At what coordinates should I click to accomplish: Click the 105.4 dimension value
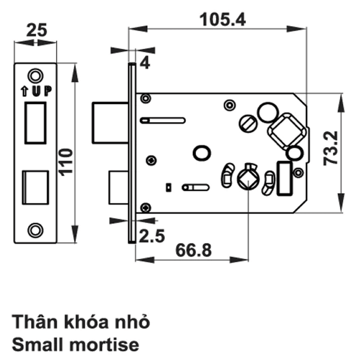pyautogui.click(x=222, y=20)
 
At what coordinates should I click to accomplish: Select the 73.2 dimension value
pyautogui.click(x=331, y=148)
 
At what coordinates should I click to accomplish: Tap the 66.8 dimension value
pyautogui.click(x=193, y=250)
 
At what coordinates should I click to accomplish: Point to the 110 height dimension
pyautogui.click(x=67, y=162)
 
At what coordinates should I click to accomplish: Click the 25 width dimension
pyautogui.click(x=37, y=30)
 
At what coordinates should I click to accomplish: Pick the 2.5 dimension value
pyautogui.click(x=152, y=236)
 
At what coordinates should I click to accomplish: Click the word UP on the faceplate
pyautogui.click(x=42, y=91)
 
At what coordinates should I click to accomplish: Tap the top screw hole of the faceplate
pyautogui.click(x=36, y=76)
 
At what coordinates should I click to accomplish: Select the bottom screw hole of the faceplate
pyautogui.click(x=35, y=230)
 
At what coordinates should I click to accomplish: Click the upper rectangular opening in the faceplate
pyautogui.click(x=35, y=123)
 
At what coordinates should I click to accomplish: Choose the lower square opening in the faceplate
pyautogui.click(x=35, y=187)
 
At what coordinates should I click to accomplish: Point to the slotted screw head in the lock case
pyautogui.click(x=248, y=124)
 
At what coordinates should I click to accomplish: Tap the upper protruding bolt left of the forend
pyautogui.click(x=110, y=123)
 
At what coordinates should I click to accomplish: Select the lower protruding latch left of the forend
pyautogui.click(x=118, y=187)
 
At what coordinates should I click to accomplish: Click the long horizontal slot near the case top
pyautogui.click(x=163, y=120)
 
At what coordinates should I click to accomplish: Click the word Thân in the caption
pyautogui.click(x=35, y=322)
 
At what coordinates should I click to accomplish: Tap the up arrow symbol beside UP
pyautogui.click(x=24, y=91)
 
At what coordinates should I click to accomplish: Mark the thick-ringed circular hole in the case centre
pyautogui.click(x=202, y=153)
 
